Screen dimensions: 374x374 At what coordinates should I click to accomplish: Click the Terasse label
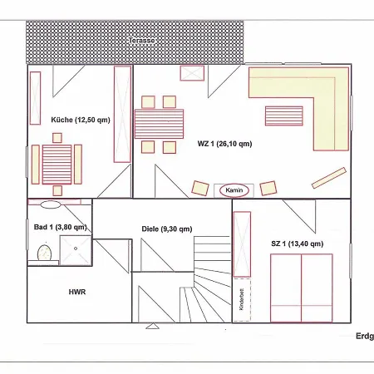[x=141, y=41]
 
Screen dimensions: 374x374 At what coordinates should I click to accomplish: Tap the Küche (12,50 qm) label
[x=81, y=120]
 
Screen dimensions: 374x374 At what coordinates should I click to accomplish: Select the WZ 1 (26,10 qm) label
[x=224, y=144]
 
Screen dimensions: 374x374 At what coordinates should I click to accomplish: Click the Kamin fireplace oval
[x=234, y=190]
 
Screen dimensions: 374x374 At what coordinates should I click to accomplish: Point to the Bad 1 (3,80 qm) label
[x=61, y=227]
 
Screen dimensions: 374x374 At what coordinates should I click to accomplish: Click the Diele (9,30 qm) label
[x=167, y=229]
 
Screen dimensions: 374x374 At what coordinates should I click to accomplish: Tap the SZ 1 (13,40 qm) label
[x=298, y=244]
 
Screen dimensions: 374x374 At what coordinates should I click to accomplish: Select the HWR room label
[x=77, y=292]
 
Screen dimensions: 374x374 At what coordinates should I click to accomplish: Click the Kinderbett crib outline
[x=242, y=300]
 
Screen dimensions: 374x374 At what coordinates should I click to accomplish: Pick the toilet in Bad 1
[x=45, y=253]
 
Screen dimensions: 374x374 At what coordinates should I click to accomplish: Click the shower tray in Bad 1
[x=76, y=250]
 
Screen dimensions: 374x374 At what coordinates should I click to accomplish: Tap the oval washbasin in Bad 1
[x=51, y=204]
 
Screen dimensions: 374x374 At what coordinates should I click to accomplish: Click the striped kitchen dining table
[x=57, y=165]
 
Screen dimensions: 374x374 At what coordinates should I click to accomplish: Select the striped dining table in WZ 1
[x=159, y=124]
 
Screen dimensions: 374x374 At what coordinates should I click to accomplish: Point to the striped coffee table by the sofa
[x=284, y=116]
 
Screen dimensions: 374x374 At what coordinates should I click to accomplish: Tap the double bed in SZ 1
[x=302, y=288]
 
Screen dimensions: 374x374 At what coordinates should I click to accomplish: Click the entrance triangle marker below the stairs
[x=152, y=326]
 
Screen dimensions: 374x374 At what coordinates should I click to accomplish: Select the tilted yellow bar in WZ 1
[x=329, y=178]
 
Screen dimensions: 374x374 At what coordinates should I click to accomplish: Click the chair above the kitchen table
[x=57, y=138]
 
